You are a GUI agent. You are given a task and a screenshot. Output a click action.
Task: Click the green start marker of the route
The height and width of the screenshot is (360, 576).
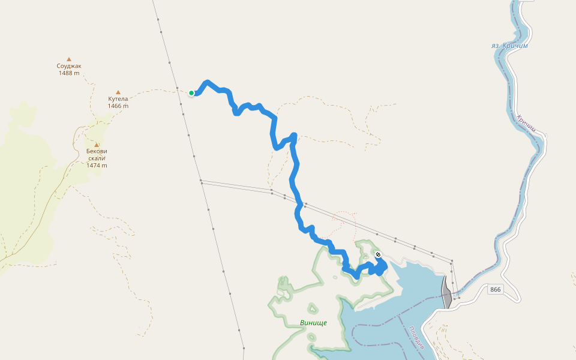[191, 93]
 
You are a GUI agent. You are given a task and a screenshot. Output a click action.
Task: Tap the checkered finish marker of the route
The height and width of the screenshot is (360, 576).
[378, 255]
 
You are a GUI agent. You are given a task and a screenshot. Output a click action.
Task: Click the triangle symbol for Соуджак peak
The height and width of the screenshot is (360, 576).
[69, 59]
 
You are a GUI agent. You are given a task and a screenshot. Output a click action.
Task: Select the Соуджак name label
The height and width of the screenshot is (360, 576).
[69, 66]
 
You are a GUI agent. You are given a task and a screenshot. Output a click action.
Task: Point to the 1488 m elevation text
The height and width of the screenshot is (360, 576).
[69, 73]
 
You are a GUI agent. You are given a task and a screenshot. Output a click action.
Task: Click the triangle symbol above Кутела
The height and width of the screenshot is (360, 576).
[118, 92]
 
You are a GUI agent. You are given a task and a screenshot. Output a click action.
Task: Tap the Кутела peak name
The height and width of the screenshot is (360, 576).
[118, 99]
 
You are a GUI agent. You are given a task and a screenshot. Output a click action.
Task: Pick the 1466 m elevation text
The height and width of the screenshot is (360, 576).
[118, 106]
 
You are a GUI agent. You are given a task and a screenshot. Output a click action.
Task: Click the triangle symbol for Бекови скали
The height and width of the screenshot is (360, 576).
[97, 145]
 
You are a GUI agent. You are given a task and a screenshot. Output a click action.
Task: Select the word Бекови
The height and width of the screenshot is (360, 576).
[97, 151]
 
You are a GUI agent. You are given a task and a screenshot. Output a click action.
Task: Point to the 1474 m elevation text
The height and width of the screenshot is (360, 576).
[97, 166]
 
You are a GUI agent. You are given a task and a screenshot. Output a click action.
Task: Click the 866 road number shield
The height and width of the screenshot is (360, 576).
[495, 290]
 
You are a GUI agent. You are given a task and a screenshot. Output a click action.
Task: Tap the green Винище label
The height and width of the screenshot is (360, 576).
[313, 323]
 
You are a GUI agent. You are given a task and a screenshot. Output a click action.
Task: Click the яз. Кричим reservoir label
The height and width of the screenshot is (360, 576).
[509, 46]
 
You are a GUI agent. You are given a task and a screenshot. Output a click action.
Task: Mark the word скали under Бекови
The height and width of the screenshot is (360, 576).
[97, 158]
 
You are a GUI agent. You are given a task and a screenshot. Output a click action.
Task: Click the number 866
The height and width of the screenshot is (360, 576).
[495, 290]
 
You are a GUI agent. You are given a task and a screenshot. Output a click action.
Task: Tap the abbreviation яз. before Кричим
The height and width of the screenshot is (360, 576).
[496, 46]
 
